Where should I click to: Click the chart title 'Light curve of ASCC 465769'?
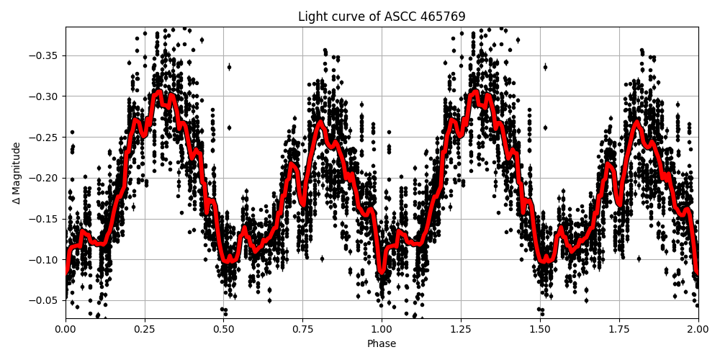(382, 17)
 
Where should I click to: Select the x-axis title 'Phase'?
(382, 343)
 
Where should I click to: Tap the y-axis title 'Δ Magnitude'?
(17, 173)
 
